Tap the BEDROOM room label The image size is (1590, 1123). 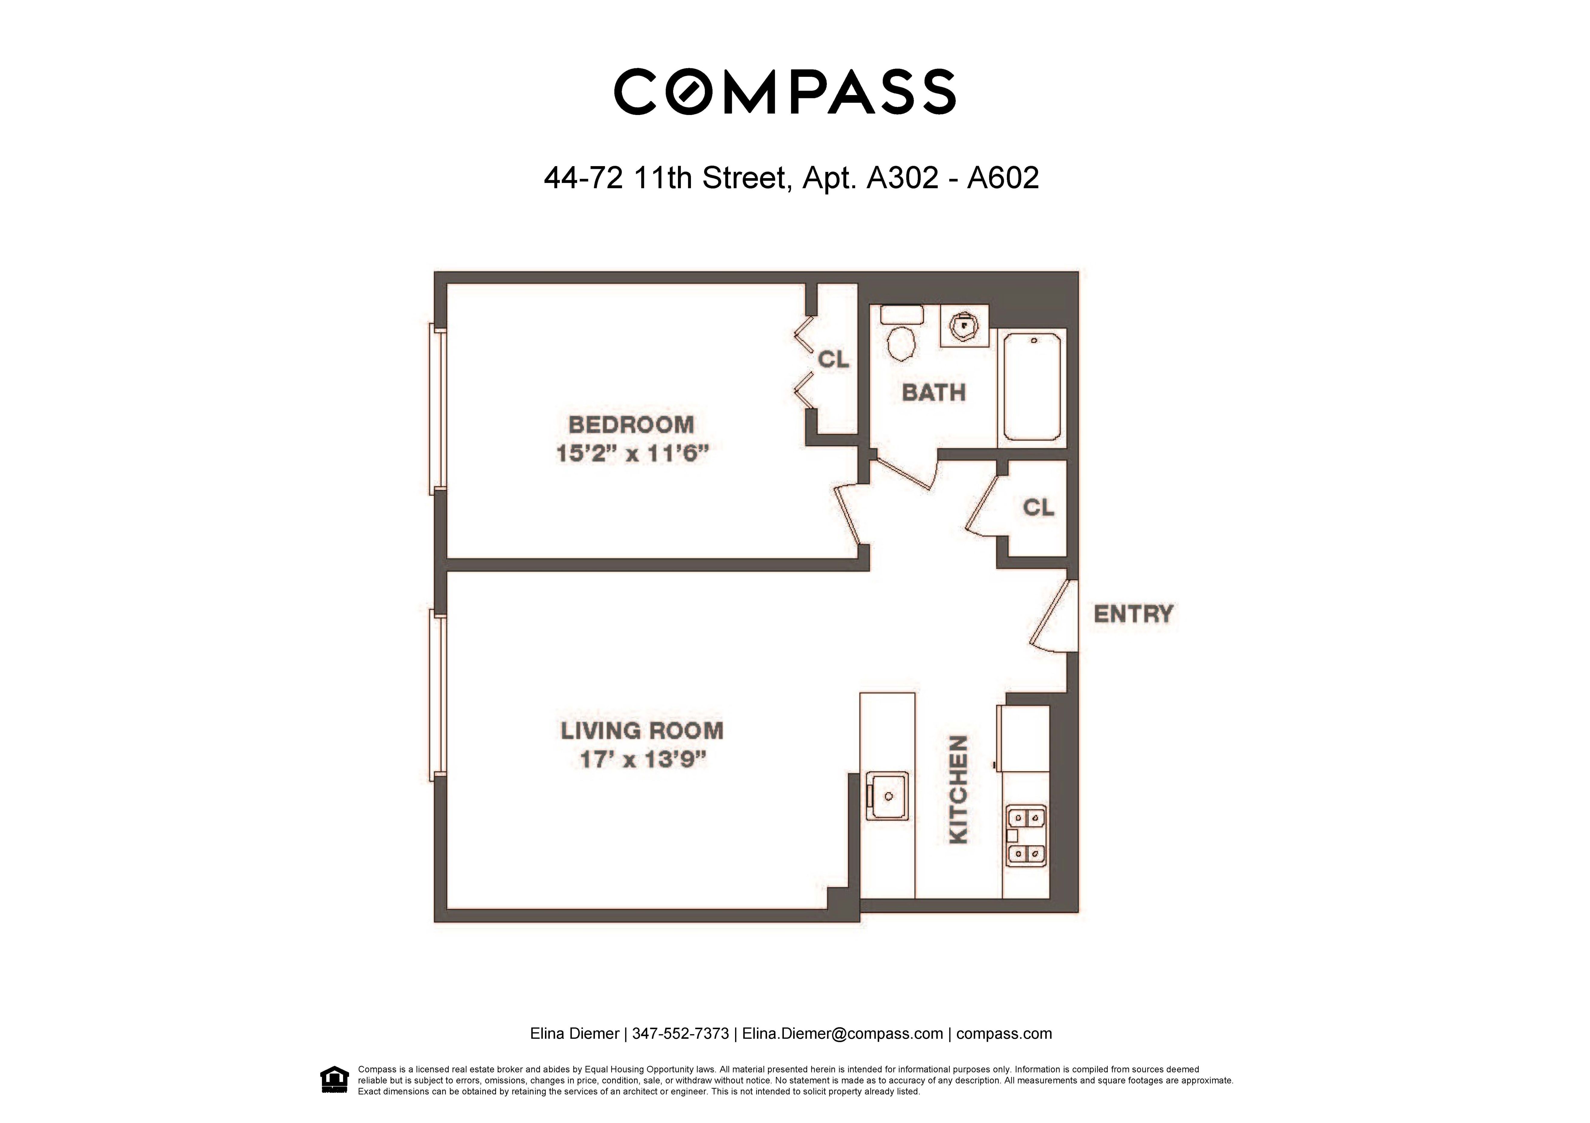click(x=631, y=424)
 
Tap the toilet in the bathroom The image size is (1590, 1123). click(x=902, y=336)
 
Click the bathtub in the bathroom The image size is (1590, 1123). click(x=1032, y=386)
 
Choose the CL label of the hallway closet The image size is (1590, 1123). click(x=1038, y=508)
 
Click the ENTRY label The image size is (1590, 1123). click(x=1133, y=614)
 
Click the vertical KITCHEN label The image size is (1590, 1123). click(x=958, y=789)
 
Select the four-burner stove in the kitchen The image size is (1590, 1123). click(x=1025, y=836)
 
